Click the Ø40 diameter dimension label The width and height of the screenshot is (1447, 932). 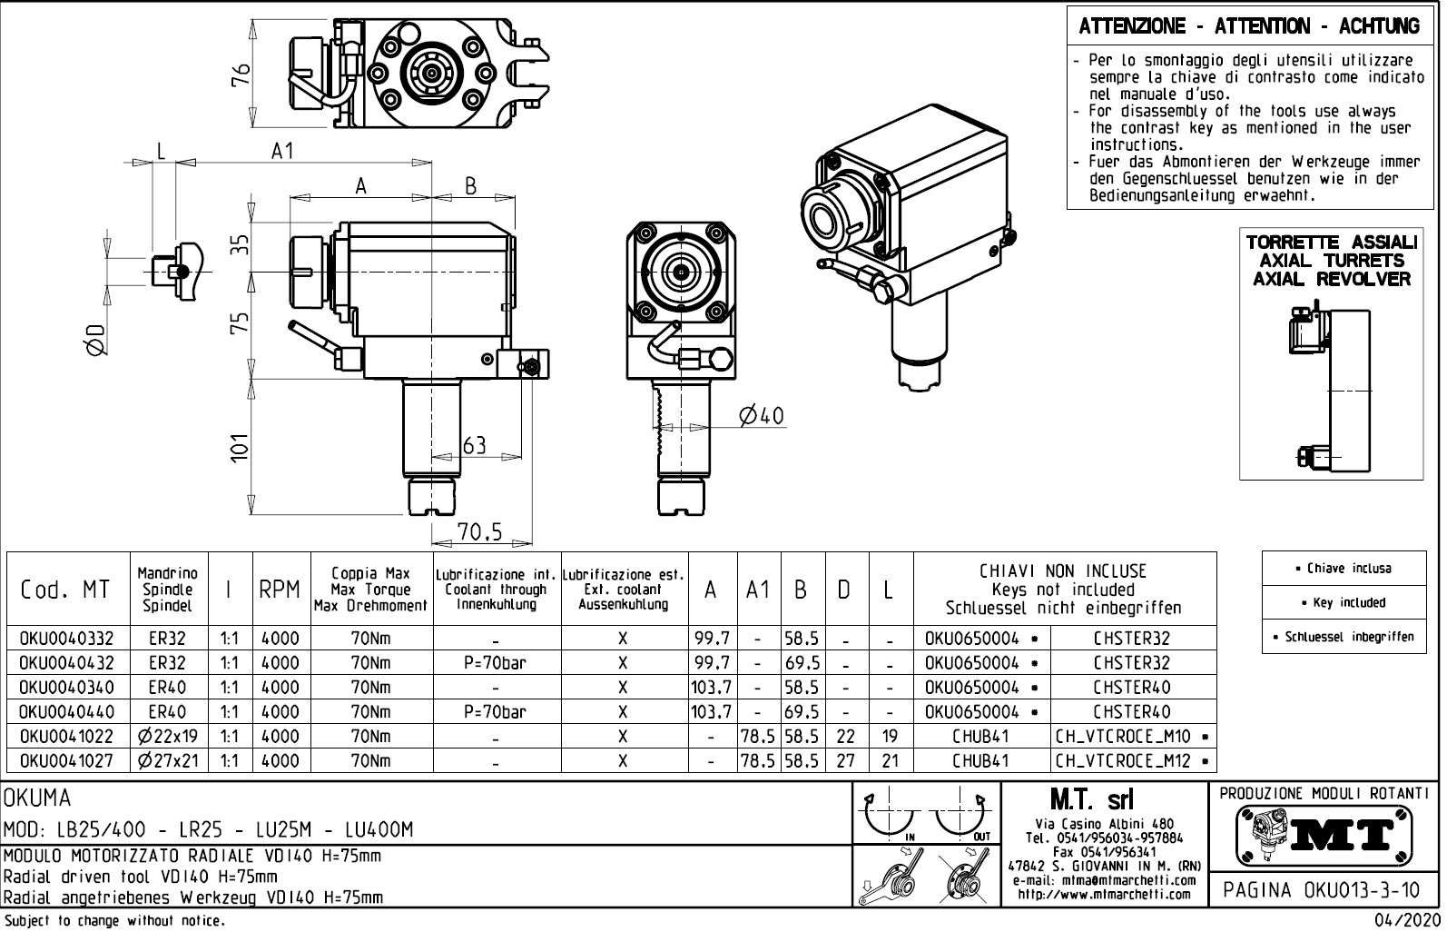tap(761, 416)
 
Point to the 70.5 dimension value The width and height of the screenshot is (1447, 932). tap(479, 532)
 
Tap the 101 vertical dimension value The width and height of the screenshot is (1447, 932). tap(240, 447)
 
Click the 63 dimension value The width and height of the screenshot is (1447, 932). tap(475, 445)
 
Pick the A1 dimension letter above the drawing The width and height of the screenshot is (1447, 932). tap(283, 151)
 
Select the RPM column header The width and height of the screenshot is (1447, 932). tap(280, 590)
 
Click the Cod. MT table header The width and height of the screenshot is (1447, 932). tap(65, 590)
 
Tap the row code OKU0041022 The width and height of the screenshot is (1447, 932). tap(66, 737)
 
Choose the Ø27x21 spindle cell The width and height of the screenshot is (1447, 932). tap(168, 761)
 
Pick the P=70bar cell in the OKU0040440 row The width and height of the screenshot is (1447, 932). tap(495, 712)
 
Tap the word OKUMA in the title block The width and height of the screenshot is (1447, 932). tap(38, 799)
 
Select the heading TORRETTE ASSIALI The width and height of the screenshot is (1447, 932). tap(1331, 243)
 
